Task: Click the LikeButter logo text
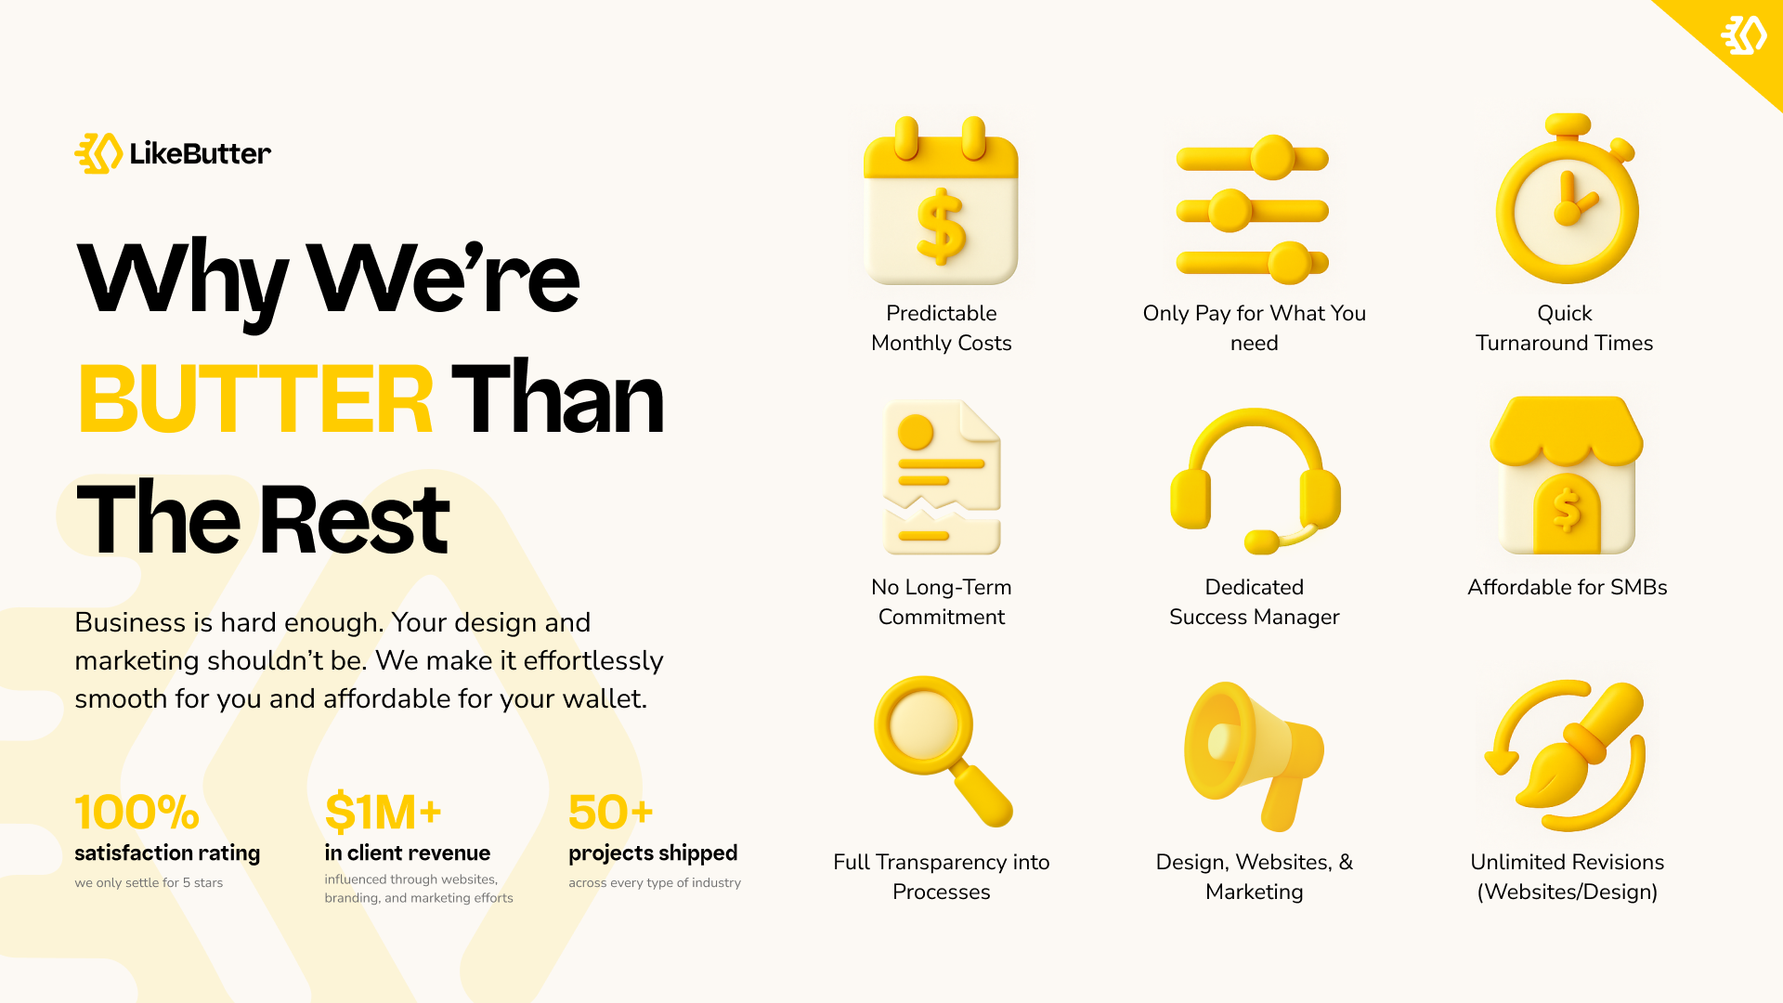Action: click(201, 153)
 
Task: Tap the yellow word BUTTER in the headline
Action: click(255, 400)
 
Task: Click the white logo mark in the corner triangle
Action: click(1744, 35)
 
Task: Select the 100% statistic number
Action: click(137, 813)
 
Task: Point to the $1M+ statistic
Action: click(383, 813)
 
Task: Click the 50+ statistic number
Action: click(610, 813)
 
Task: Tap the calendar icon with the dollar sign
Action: click(941, 200)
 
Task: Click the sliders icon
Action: click(1253, 210)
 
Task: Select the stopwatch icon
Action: click(1567, 199)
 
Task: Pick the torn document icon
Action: click(942, 477)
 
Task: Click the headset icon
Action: click(1255, 480)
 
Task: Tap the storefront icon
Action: click(1567, 475)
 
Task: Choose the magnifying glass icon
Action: click(942, 750)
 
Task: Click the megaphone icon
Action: click(1254, 756)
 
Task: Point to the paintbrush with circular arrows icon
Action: click(1567, 755)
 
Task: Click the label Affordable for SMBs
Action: click(1567, 588)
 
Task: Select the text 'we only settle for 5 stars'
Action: click(149, 883)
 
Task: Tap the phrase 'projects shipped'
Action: click(653, 853)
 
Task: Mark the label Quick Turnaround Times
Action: click(1565, 328)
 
